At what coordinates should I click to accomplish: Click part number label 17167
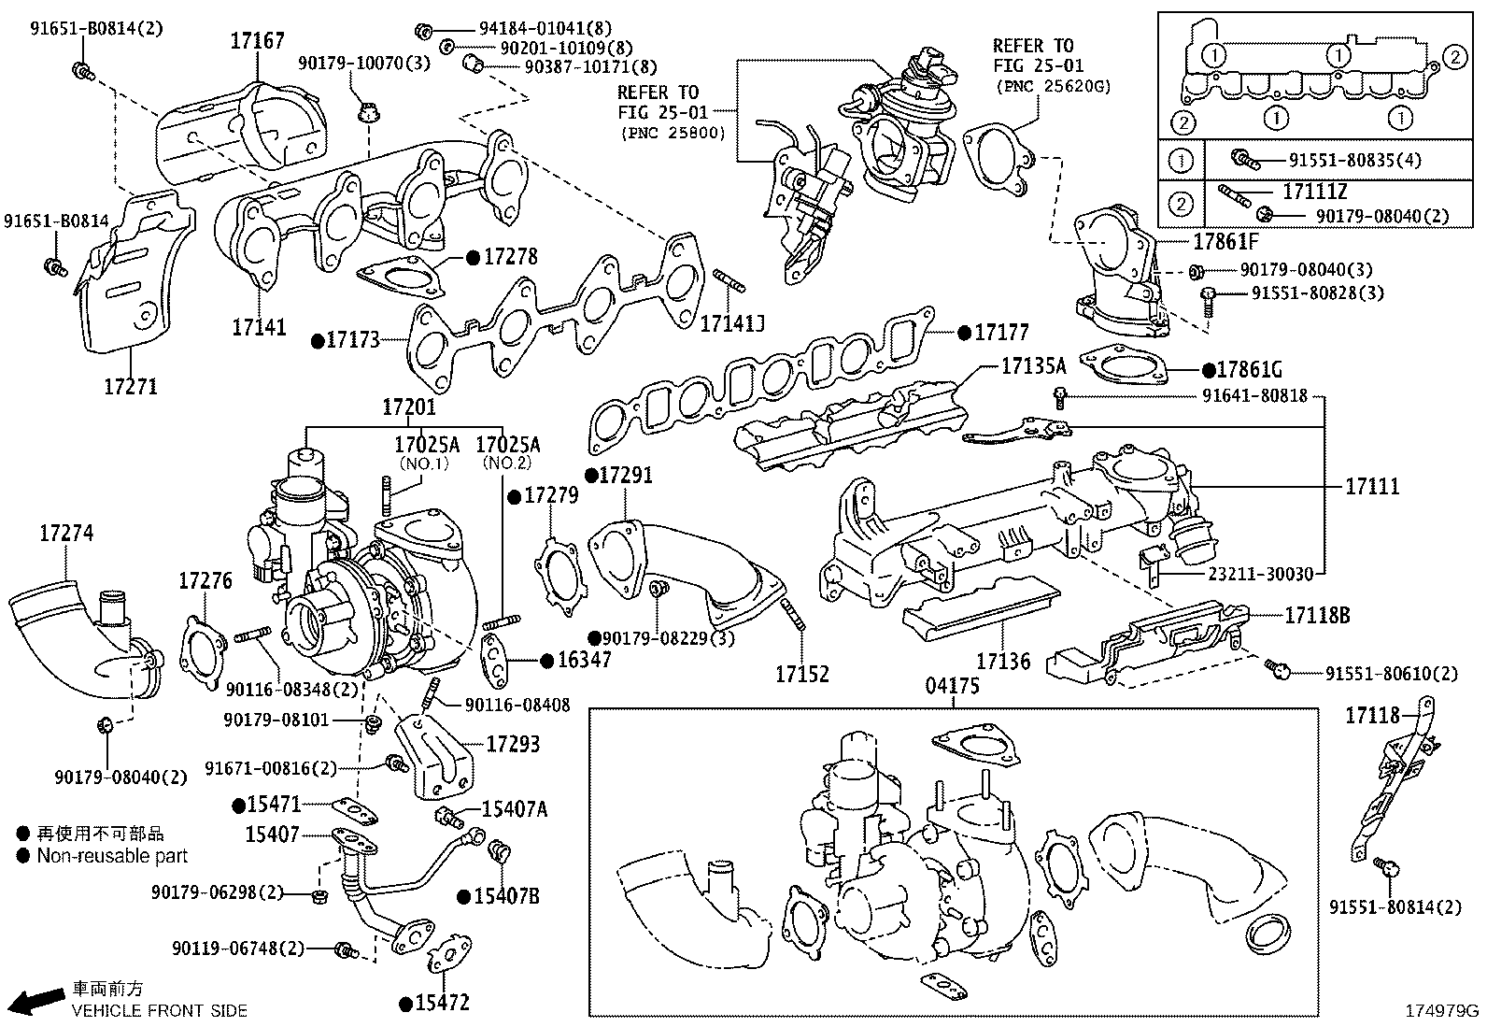point(258,40)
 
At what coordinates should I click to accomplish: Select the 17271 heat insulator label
point(130,386)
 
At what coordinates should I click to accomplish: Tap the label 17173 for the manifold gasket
point(352,339)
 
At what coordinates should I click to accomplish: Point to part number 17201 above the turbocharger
point(408,407)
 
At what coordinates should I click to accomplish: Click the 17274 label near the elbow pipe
point(66,534)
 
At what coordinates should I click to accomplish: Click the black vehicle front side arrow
point(40,1000)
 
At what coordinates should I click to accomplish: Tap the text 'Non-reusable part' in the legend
point(112,856)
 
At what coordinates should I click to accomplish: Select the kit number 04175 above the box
point(953,686)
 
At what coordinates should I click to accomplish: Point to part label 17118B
point(1316,616)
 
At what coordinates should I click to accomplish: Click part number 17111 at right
point(1372,486)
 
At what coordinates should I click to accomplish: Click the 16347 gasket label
point(584,660)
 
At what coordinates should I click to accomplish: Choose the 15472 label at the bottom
point(442,1003)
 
